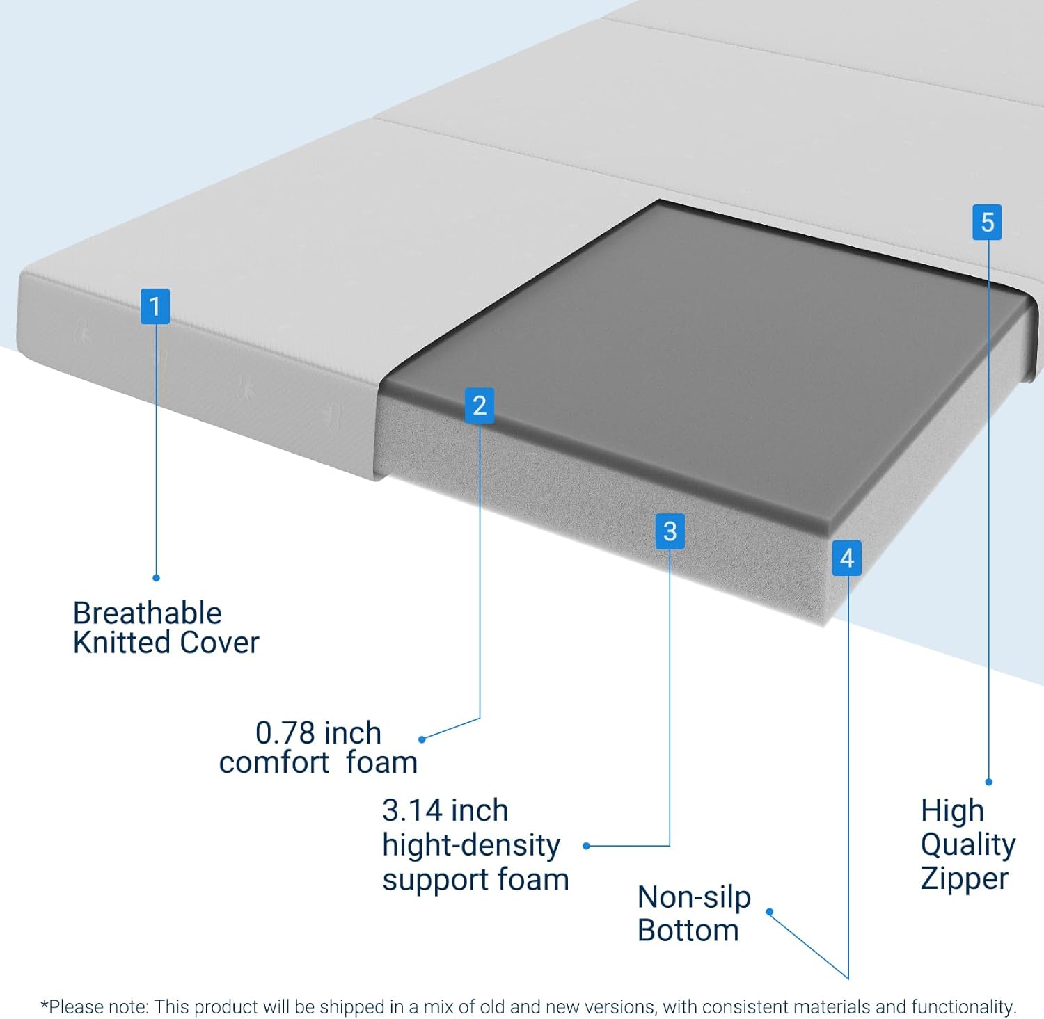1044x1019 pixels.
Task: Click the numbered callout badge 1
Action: coord(155,306)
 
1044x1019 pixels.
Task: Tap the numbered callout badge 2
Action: coord(480,406)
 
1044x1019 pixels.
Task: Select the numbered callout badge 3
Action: coord(670,531)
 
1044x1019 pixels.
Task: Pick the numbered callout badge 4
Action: coord(847,558)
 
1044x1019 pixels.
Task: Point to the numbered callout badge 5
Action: coord(987,223)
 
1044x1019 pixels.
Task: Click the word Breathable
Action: coord(147,613)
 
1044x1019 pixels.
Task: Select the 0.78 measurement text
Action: coord(285,732)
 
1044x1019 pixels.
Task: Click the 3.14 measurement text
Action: coord(412,810)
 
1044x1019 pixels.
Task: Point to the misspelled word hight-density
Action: coord(470,845)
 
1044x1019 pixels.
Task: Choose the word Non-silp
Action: coord(694,897)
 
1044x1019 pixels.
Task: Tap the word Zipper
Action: coord(964,878)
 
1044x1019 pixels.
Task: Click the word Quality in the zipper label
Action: coord(967,844)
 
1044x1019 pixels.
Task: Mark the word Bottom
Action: coord(688,931)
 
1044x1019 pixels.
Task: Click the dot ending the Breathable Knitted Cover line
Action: coord(156,577)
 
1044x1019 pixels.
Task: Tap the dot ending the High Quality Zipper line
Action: coord(988,782)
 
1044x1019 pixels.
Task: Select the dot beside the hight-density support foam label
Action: coord(586,846)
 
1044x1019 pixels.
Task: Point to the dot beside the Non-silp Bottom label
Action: coord(769,912)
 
